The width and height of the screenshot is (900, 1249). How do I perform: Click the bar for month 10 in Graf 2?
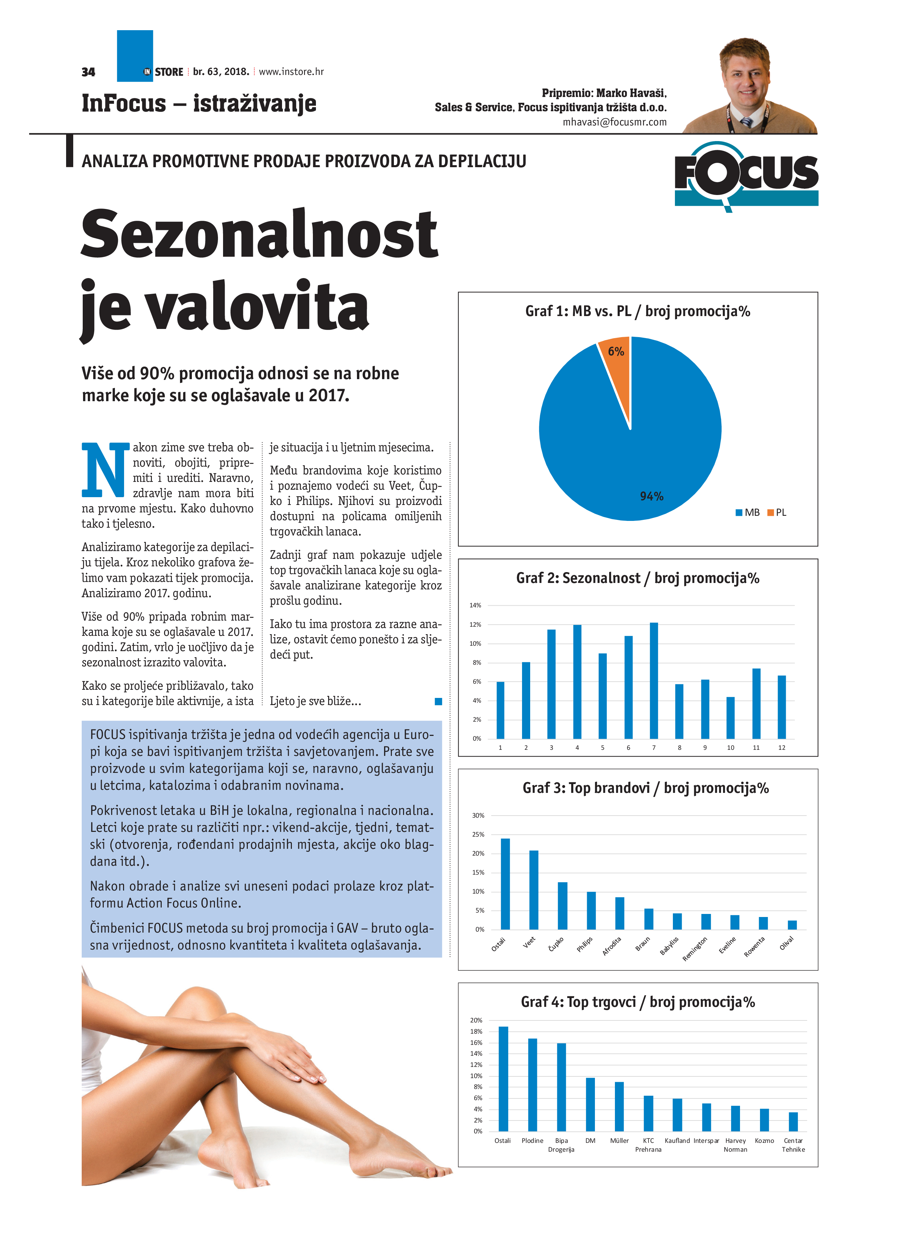[731, 718]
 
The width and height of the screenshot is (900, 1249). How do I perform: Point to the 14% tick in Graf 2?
[475, 605]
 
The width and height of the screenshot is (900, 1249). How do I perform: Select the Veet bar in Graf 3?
[534, 890]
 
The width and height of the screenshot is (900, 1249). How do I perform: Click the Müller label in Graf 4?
[619, 1140]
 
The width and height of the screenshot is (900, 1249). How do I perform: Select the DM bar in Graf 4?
[590, 1104]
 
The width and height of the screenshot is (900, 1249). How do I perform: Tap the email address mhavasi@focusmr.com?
[614, 122]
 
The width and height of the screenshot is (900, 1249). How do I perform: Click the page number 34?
[88, 72]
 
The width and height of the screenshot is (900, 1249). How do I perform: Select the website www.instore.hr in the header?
[291, 72]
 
